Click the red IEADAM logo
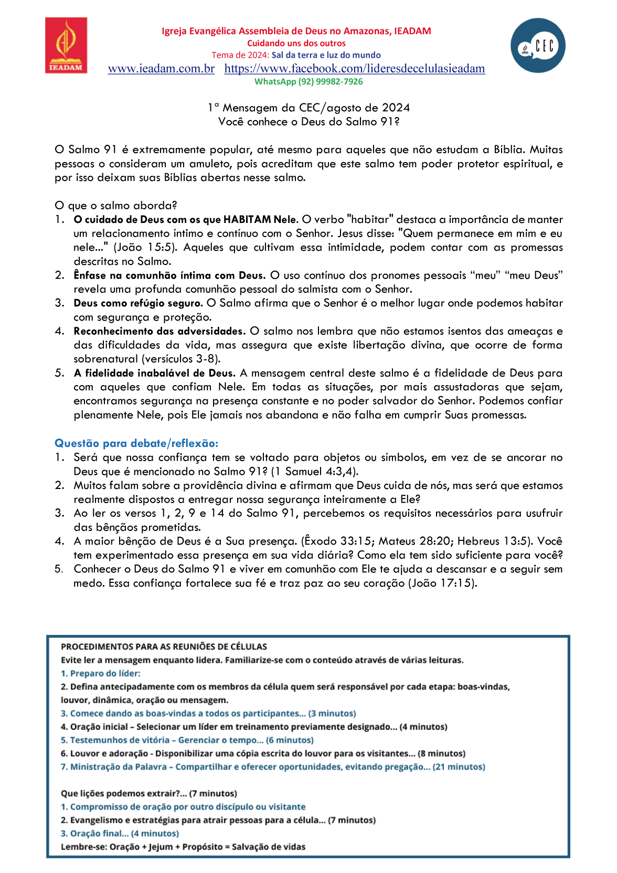point(66,45)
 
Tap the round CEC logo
point(538,46)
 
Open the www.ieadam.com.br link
point(161,69)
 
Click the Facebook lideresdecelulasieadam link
point(354,69)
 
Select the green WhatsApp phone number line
point(309,82)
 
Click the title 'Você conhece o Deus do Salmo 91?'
point(309,122)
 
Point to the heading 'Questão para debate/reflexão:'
point(136,443)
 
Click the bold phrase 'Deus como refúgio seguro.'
point(138,303)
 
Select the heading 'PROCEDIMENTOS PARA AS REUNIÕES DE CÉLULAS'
point(164,647)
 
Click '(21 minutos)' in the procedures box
point(459,767)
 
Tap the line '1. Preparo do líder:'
point(101,674)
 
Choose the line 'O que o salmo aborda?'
point(116,206)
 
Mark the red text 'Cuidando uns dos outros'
point(296,44)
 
